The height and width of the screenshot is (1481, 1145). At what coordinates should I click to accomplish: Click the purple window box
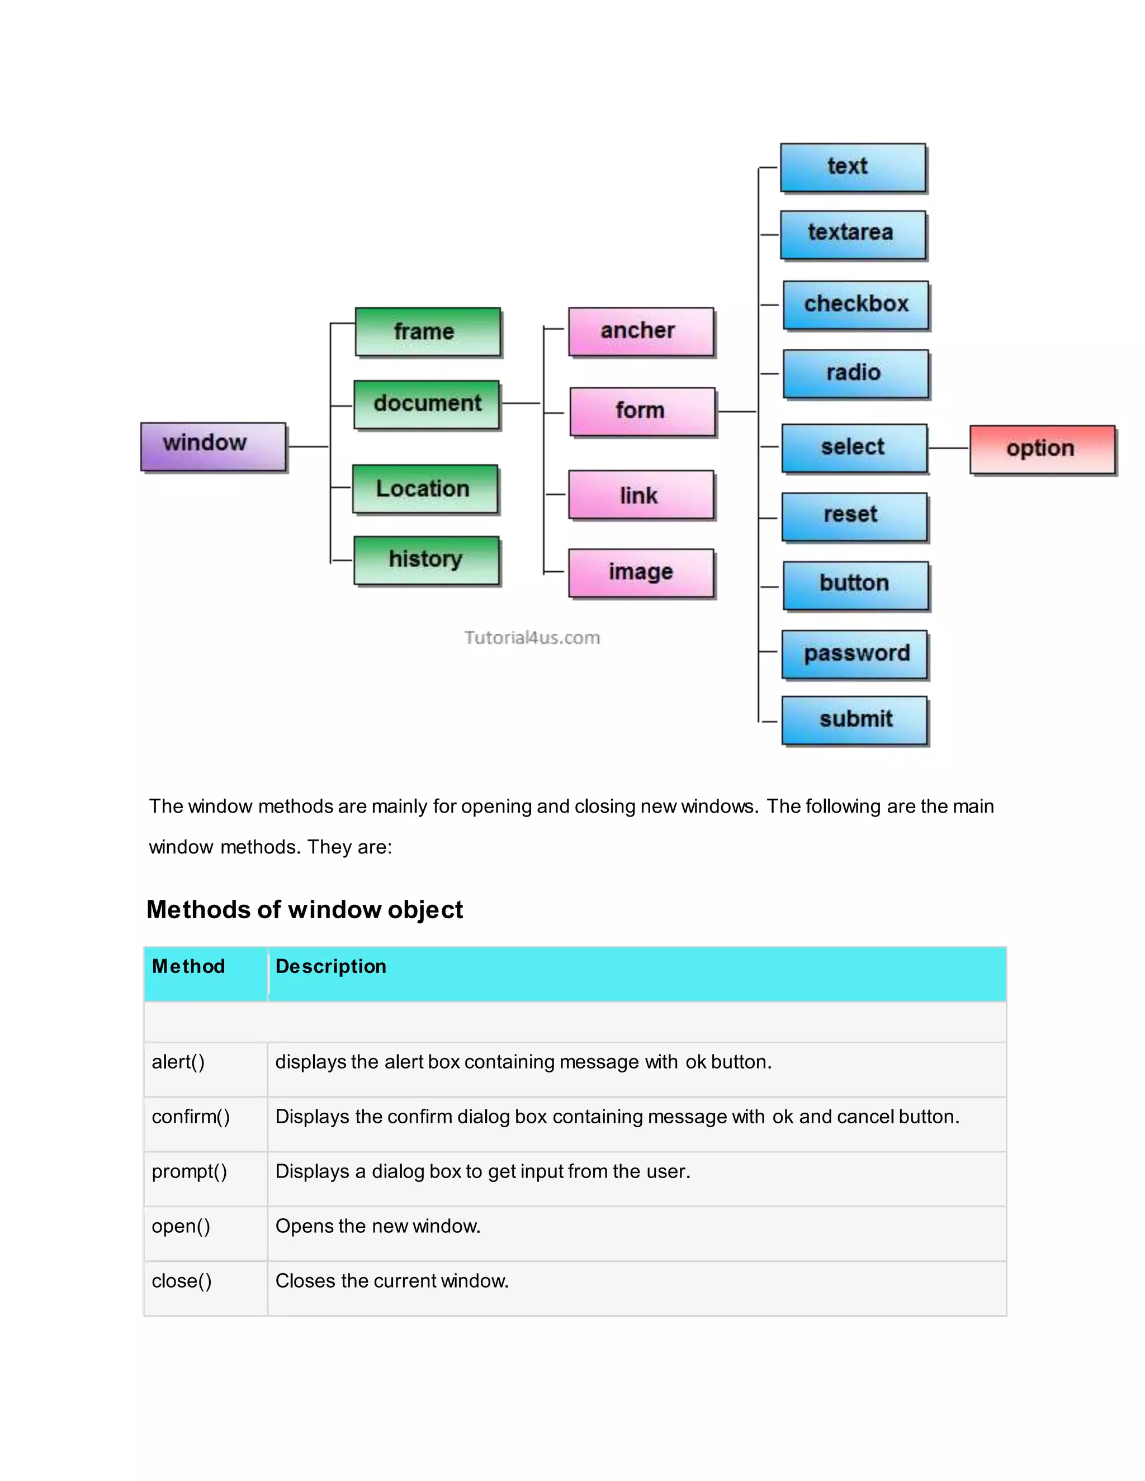point(213,445)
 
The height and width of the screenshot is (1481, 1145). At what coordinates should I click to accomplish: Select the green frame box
point(427,331)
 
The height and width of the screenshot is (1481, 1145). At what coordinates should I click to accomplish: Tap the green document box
point(427,404)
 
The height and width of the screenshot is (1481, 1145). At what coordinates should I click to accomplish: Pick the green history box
point(426,559)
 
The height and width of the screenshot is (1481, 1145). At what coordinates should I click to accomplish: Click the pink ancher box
point(641,331)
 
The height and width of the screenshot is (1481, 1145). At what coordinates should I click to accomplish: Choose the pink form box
point(642,411)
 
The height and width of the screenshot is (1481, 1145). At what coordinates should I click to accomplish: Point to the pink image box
point(641,572)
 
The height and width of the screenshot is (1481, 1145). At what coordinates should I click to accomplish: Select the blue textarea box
point(853,234)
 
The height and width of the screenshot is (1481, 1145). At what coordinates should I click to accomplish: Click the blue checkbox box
point(855,305)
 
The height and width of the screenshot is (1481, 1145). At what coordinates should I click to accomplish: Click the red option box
point(1042,448)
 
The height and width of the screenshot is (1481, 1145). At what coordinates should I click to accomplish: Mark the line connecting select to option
point(948,448)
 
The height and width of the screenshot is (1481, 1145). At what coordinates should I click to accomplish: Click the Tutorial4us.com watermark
point(532,638)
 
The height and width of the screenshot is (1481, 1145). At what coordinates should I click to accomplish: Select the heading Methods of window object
point(305,909)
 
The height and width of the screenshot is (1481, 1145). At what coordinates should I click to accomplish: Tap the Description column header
point(330,966)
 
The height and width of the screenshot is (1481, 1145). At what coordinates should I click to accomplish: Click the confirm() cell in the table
point(191,1117)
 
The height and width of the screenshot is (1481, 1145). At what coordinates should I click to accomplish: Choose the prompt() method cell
point(190,1172)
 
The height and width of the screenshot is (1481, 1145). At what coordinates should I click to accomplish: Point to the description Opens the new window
point(378,1226)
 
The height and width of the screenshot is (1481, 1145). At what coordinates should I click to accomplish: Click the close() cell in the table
point(182,1281)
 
